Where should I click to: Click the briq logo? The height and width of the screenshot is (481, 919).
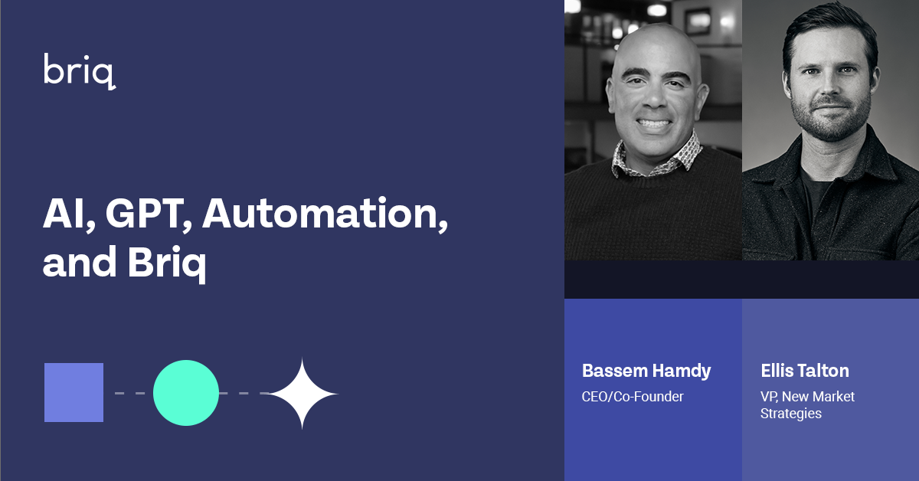(80, 71)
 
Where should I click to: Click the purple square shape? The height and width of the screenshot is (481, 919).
(74, 392)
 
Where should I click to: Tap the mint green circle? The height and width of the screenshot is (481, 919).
(186, 393)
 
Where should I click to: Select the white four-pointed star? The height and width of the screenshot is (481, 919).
(302, 394)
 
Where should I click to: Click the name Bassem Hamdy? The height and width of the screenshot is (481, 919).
(646, 371)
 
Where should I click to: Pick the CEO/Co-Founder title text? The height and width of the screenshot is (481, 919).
(633, 397)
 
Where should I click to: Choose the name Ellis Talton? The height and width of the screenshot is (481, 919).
(804, 371)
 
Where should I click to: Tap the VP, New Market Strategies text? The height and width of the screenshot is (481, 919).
(807, 404)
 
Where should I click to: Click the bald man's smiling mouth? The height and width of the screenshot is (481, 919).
(653, 123)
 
